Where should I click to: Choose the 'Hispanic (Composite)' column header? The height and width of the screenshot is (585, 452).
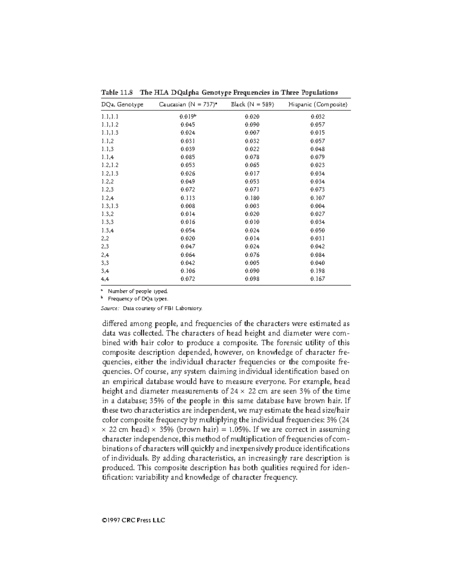pyautogui.click(x=318, y=105)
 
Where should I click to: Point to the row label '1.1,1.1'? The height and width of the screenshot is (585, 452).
pyautogui.click(x=110, y=117)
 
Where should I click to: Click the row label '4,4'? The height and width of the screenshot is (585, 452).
pyautogui.click(x=105, y=279)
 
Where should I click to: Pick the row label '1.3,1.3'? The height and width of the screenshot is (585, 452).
pyautogui.click(x=110, y=206)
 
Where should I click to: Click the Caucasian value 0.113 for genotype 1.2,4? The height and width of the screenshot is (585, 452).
pyautogui.click(x=188, y=198)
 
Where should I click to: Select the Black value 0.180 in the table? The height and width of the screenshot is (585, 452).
pyautogui.click(x=252, y=198)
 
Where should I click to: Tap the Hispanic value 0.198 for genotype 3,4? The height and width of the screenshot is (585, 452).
pyautogui.click(x=318, y=271)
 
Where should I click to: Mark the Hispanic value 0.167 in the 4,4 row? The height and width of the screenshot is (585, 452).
pyautogui.click(x=318, y=279)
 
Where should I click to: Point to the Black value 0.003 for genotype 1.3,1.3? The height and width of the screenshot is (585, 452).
pyautogui.click(x=252, y=206)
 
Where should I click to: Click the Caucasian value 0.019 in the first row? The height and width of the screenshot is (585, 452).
pyautogui.click(x=187, y=117)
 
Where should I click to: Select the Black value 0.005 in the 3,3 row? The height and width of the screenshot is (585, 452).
pyautogui.click(x=252, y=263)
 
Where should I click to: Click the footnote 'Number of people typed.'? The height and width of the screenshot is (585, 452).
pyautogui.click(x=137, y=291)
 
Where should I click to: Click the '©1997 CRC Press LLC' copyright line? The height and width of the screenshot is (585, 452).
pyautogui.click(x=133, y=521)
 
